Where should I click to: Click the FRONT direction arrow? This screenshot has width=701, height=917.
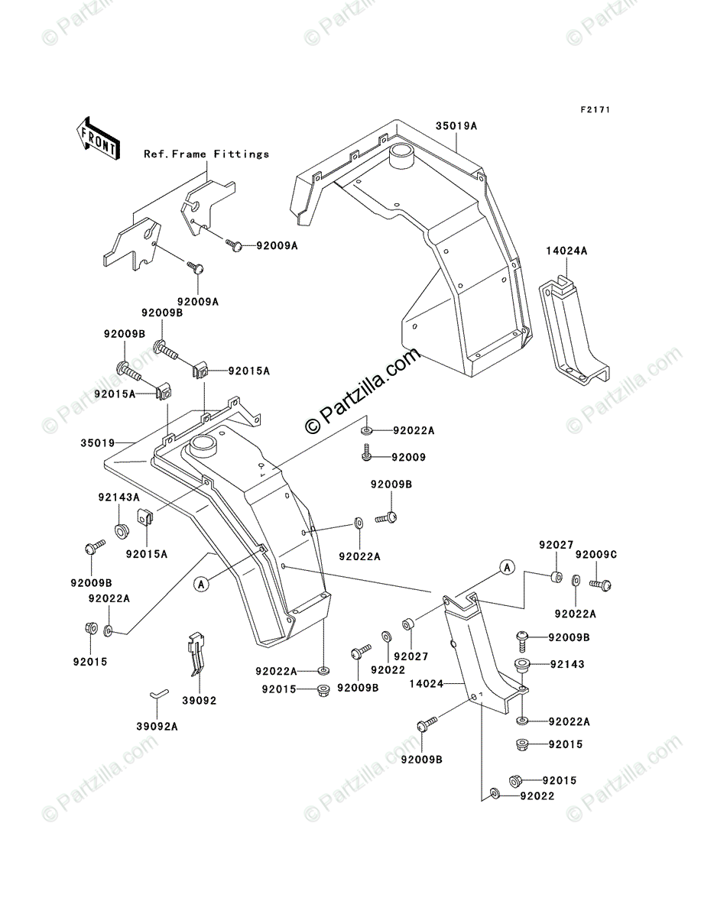click(x=99, y=138)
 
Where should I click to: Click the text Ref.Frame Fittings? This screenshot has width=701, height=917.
click(x=206, y=154)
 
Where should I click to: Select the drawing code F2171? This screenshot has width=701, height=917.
click(x=595, y=109)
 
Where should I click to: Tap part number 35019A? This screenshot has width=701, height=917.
click(x=456, y=126)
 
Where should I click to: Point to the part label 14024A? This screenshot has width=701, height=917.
click(x=566, y=251)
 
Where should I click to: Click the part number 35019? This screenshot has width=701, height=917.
click(x=98, y=442)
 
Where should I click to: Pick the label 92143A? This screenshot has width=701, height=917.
click(x=119, y=497)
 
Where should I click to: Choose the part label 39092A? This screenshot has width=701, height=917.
click(x=157, y=727)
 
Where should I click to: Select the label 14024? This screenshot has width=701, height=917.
click(x=426, y=684)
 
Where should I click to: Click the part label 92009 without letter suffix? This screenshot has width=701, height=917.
click(x=408, y=457)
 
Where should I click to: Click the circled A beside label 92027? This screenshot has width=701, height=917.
click(x=507, y=567)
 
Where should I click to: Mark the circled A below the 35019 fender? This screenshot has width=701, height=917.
click(x=201, y=584)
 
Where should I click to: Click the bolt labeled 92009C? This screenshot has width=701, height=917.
click(x=600, y=584)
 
